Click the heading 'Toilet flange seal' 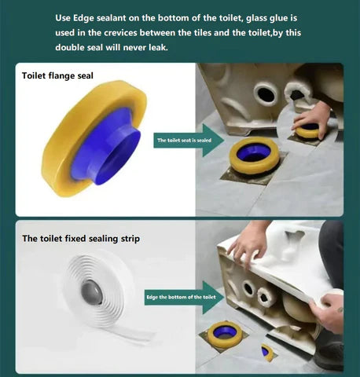tap(57, 75)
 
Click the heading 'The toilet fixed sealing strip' tap(81, 239)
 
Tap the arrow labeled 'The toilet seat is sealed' tap(189, 141)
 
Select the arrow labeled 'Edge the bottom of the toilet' tap(184, 297)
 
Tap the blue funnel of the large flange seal tap(106, 147)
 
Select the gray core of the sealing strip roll tap(91, 292)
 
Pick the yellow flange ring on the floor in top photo tap(253, 156)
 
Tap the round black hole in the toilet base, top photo tap(265, 93)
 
